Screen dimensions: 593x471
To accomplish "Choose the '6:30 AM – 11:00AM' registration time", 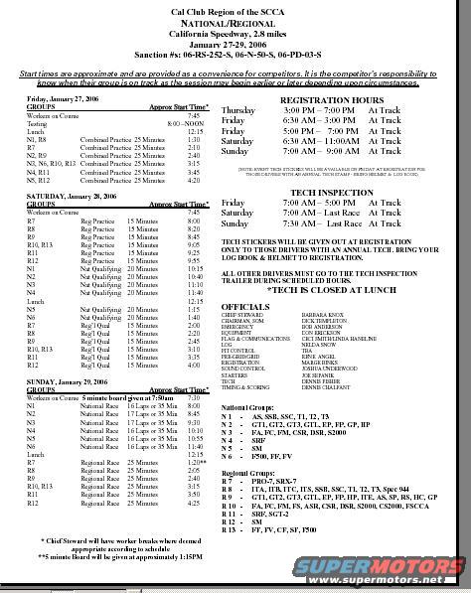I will pyautogui.click(x=332, y=141).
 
